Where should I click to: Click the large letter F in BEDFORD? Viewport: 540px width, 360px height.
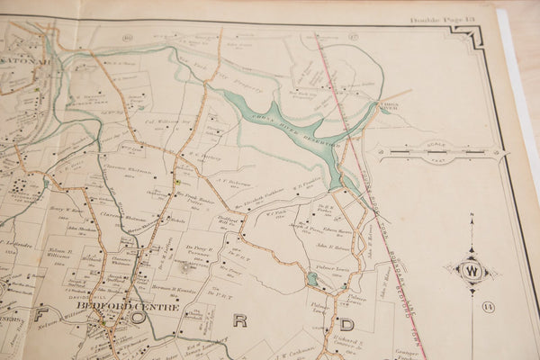42,316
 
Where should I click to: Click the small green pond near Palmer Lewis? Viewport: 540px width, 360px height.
311,280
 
